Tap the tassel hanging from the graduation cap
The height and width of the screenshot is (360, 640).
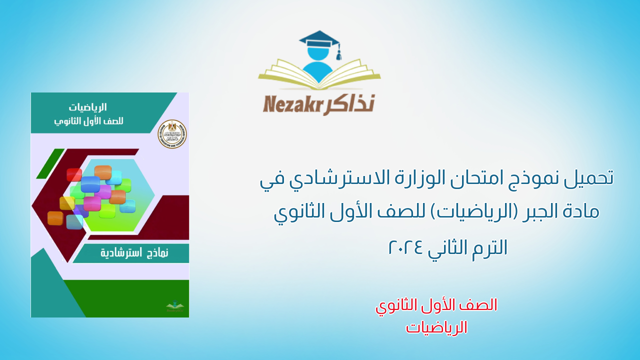coord(338,52)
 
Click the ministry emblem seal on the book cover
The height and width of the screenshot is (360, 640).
coord(172,134)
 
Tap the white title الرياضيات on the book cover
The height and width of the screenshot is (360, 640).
coord(88,107)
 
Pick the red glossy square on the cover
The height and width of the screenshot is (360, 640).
coord(74,174)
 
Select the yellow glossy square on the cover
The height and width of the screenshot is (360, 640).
coord(67,203)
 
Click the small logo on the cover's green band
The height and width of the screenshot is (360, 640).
coord(174,306)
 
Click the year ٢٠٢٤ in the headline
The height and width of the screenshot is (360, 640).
coord(406,247)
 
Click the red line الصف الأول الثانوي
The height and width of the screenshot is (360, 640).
coord(436,305)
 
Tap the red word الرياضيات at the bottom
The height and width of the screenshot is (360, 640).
coord(436,327)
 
